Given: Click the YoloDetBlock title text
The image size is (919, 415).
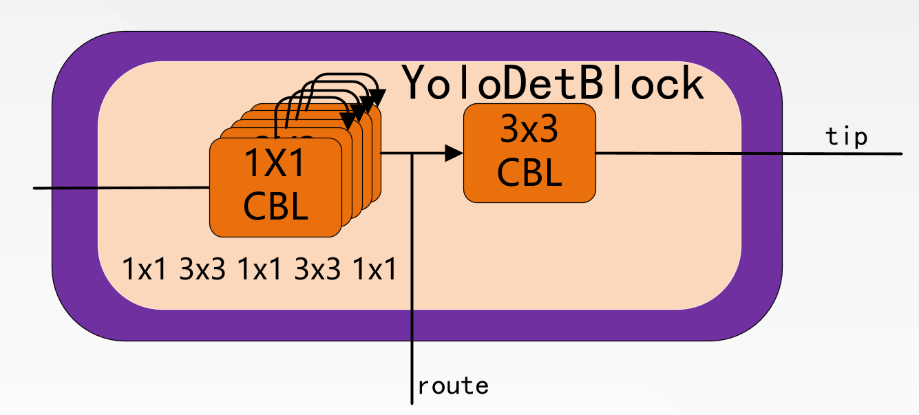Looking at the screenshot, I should tap(553, 83).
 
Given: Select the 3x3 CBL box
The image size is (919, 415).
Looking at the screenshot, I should tap(529, 153).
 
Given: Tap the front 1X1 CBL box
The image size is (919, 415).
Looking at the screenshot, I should tap(275, 187).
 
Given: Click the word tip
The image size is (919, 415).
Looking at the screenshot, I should tap(846, 137).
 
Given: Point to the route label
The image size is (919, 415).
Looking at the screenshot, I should tap(453, 386).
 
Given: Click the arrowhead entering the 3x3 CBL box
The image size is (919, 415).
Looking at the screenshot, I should tap(454, 153).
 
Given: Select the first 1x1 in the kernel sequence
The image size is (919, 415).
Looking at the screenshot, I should tap(145, 269).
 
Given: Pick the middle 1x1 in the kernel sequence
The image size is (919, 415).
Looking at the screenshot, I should tap(260, 269).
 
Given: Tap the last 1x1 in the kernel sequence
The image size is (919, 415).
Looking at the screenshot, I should tap(374, 269).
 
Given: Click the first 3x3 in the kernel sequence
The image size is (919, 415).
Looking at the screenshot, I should tap(202, 269).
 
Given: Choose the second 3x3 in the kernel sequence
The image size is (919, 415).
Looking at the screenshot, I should tap(317, 269).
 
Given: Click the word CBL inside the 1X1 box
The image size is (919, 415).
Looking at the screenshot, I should tap(275, 206).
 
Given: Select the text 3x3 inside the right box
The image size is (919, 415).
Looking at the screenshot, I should tap(529, 131).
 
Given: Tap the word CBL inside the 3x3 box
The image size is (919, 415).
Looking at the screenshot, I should tap(529, 173).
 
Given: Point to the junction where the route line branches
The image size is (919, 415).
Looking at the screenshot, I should tap(411, 153).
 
